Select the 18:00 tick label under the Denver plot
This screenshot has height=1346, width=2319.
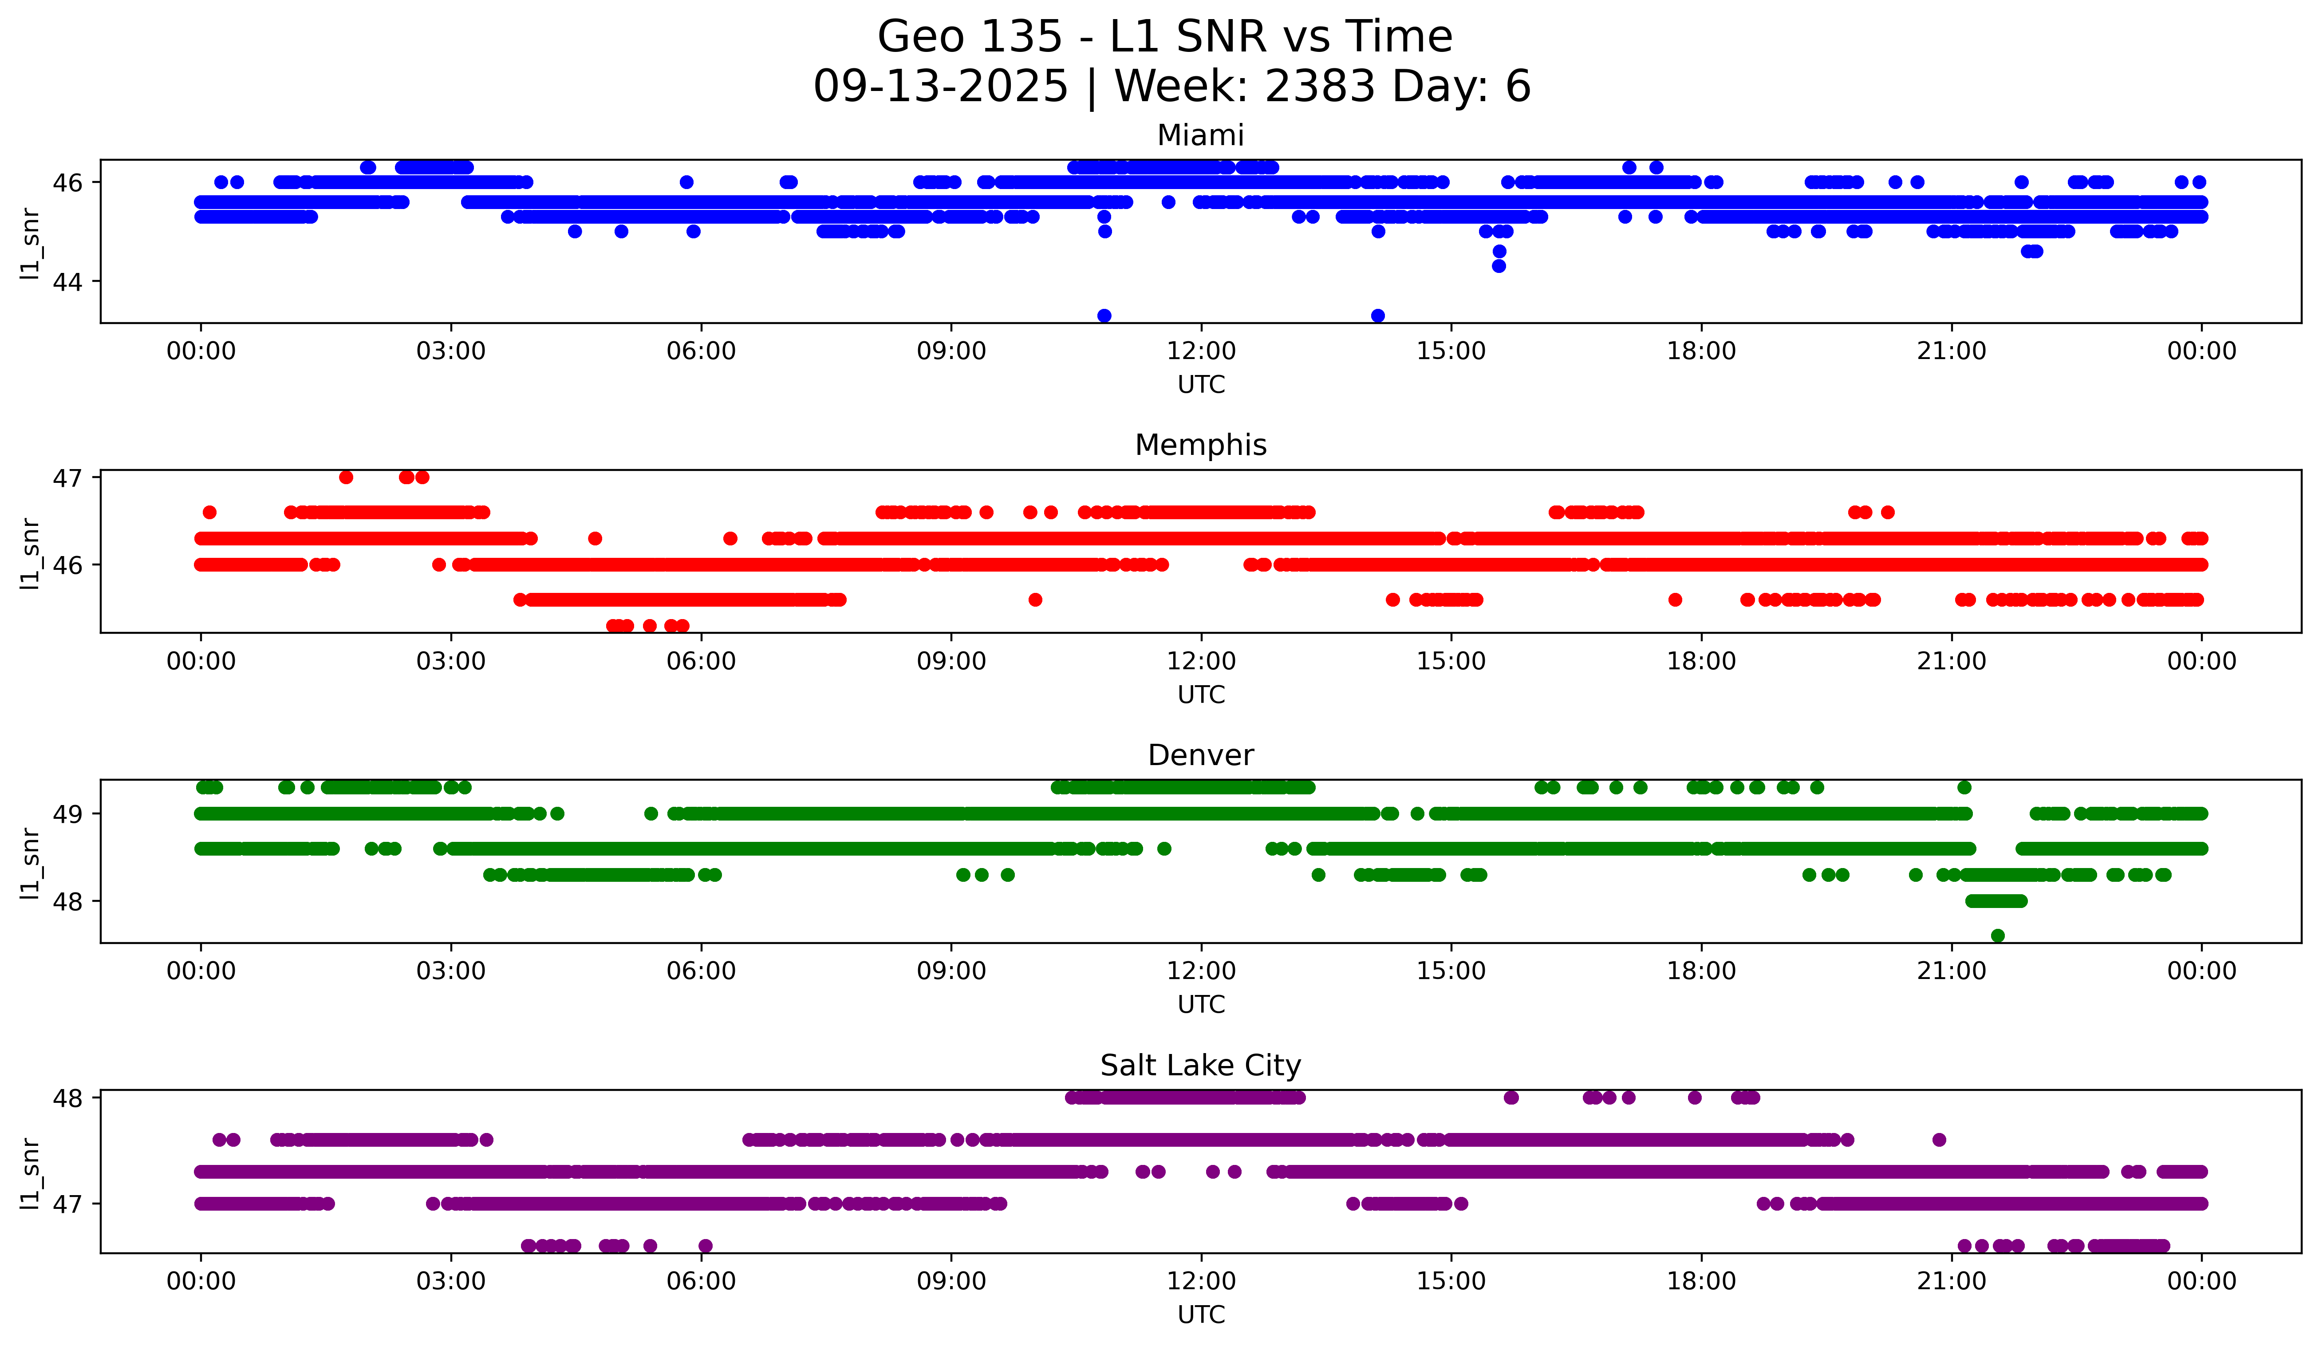pos(1700,971)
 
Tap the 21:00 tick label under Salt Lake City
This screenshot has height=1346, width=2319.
pos(1951,1282)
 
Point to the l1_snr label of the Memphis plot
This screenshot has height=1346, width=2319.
pos(30,553)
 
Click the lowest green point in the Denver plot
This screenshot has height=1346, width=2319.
pos(1997,935)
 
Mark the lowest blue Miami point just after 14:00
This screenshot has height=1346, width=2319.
pos(1377,316)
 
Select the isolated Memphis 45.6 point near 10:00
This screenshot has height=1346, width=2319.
pos(1035,600)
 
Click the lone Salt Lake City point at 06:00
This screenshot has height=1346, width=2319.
pos(705,1246)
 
